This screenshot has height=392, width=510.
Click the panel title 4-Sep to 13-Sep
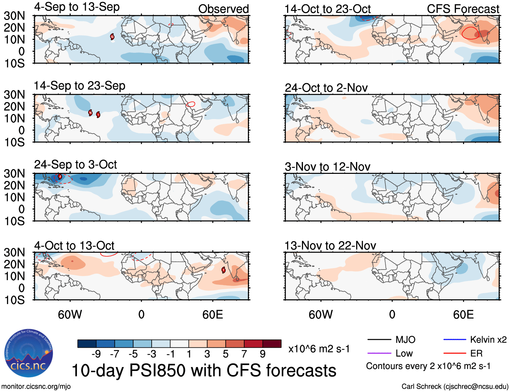point(77,7)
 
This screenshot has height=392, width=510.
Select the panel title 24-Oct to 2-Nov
point(326,88)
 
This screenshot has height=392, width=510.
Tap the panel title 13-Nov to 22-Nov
point(330,246)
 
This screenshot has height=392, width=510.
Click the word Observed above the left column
point(223,9)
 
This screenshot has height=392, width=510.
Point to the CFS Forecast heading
point(463,9)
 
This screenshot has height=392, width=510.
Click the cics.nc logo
point(28,353)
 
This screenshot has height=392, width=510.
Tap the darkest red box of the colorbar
point(272,344)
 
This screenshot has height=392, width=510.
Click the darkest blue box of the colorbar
point(87,344)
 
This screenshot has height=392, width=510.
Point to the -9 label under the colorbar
point(96,354)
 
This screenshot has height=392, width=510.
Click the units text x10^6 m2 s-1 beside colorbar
point(319,349)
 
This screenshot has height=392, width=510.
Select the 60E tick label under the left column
point(212,315)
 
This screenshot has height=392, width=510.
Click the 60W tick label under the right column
point(321,315)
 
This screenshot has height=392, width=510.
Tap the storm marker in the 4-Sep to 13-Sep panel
point(112,37)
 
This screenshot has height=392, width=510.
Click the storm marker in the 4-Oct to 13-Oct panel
point(223,270)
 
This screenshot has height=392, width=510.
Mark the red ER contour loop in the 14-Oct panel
point(470,33)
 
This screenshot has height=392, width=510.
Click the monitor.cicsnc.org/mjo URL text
point(36,387)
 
